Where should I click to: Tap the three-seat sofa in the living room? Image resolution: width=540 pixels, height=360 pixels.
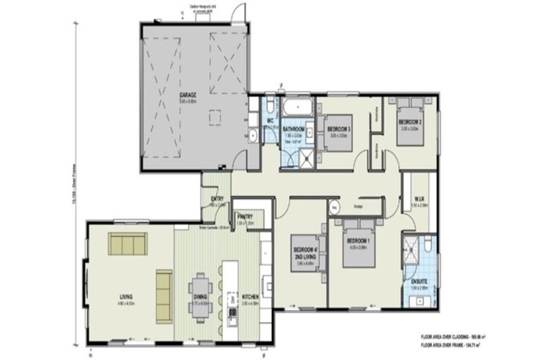click(x=127, y=244)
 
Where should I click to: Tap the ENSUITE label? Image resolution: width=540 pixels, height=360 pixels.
click(x=418, y=283)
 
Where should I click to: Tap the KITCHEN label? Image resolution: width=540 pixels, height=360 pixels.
click(x=251, y=297)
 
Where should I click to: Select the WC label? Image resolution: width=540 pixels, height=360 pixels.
click(x=269, y=120)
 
